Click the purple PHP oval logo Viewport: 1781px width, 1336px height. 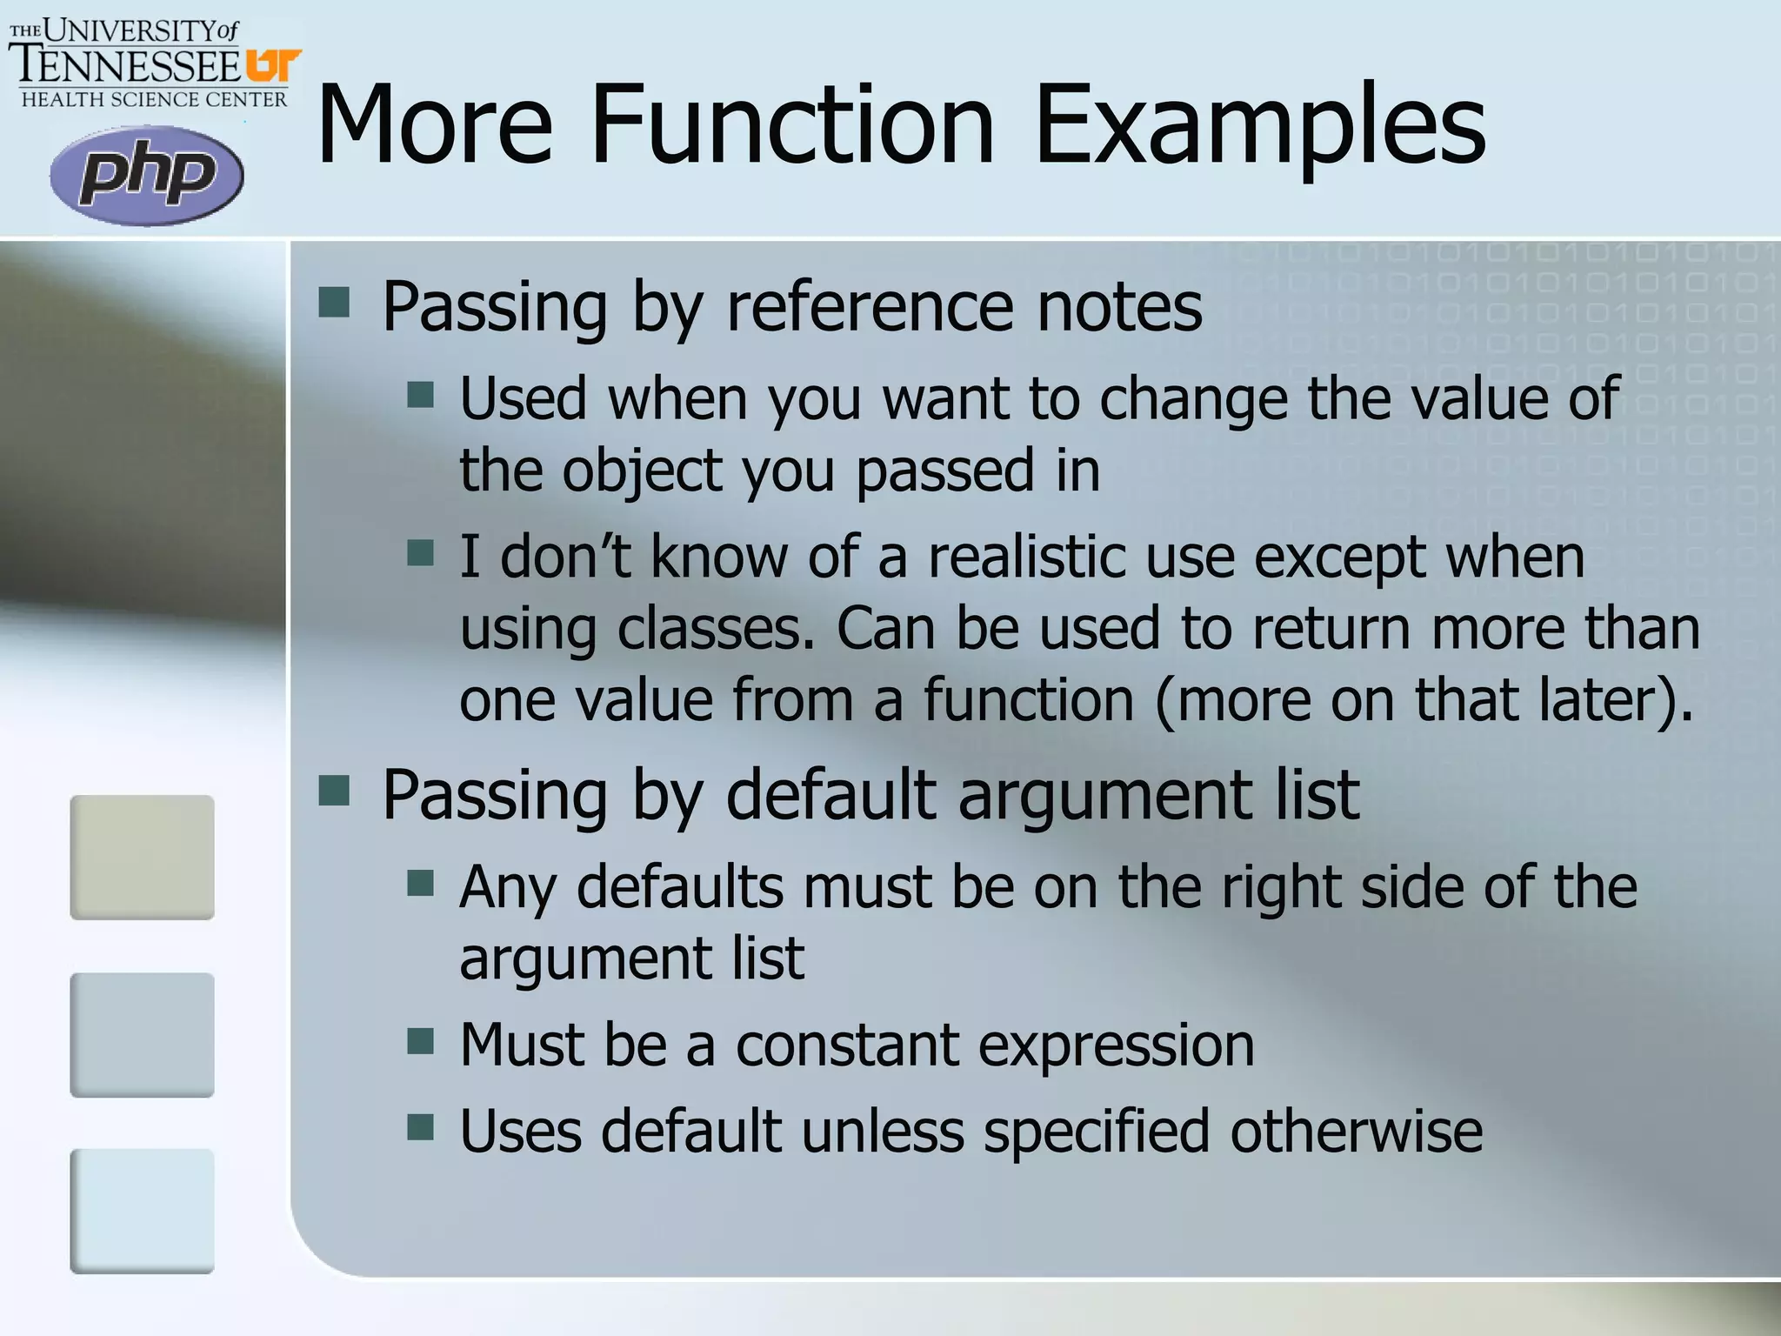pos(147,176)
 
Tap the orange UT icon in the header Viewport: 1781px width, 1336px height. pos(272,66)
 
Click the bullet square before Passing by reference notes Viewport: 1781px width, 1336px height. pos(334,303)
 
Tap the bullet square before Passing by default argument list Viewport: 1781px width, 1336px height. pos(334,792)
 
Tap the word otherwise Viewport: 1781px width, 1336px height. pos(1356,1131)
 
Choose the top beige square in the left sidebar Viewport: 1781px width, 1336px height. pos(142,857)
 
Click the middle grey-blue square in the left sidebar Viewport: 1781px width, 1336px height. pos(142,1034)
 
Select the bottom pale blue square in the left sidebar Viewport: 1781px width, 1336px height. pos(142,1211)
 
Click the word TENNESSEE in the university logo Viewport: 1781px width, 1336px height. pos(127,66)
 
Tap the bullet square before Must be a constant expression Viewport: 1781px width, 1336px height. pos(420,1040)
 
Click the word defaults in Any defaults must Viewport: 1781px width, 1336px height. pos(680,887)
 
